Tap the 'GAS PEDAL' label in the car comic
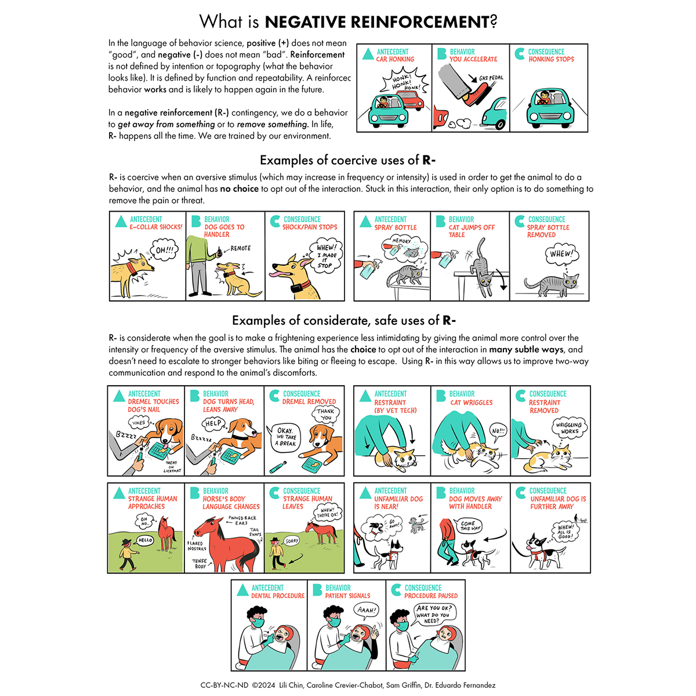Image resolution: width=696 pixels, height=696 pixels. (x=491, y=78)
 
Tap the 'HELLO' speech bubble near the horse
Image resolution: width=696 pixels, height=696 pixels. (x=145, y=540)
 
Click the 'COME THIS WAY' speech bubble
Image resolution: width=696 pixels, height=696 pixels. (x=470, y=526)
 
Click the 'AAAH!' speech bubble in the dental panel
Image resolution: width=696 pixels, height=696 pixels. (x=366, y=610)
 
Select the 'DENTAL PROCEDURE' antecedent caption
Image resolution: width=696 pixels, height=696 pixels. (x=277, y=596)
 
